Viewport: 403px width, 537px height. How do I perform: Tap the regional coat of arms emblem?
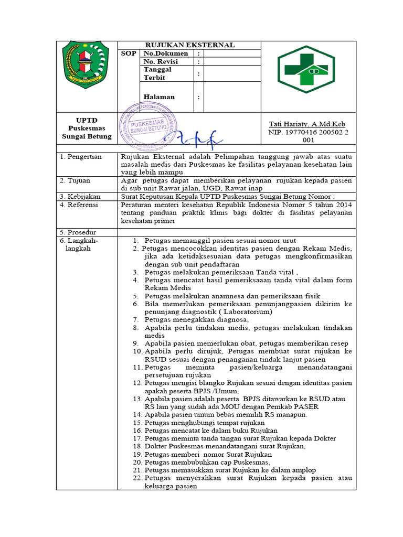point(87,65)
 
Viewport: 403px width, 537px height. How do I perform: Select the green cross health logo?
point(306,68)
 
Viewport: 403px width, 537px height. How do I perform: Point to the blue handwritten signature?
point(197,139)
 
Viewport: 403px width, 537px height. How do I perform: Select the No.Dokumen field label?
point(165,53)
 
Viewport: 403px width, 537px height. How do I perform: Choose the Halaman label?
point(160,97)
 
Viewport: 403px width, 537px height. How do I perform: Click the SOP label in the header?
point(129,53)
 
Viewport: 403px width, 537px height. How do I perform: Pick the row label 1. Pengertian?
point(81,157)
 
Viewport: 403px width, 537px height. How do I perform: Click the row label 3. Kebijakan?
point(80,196)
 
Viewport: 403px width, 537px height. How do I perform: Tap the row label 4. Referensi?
point(79,205)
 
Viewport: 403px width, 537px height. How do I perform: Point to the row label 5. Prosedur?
point(78,232)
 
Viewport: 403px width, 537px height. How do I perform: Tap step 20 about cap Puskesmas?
point(207,463)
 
